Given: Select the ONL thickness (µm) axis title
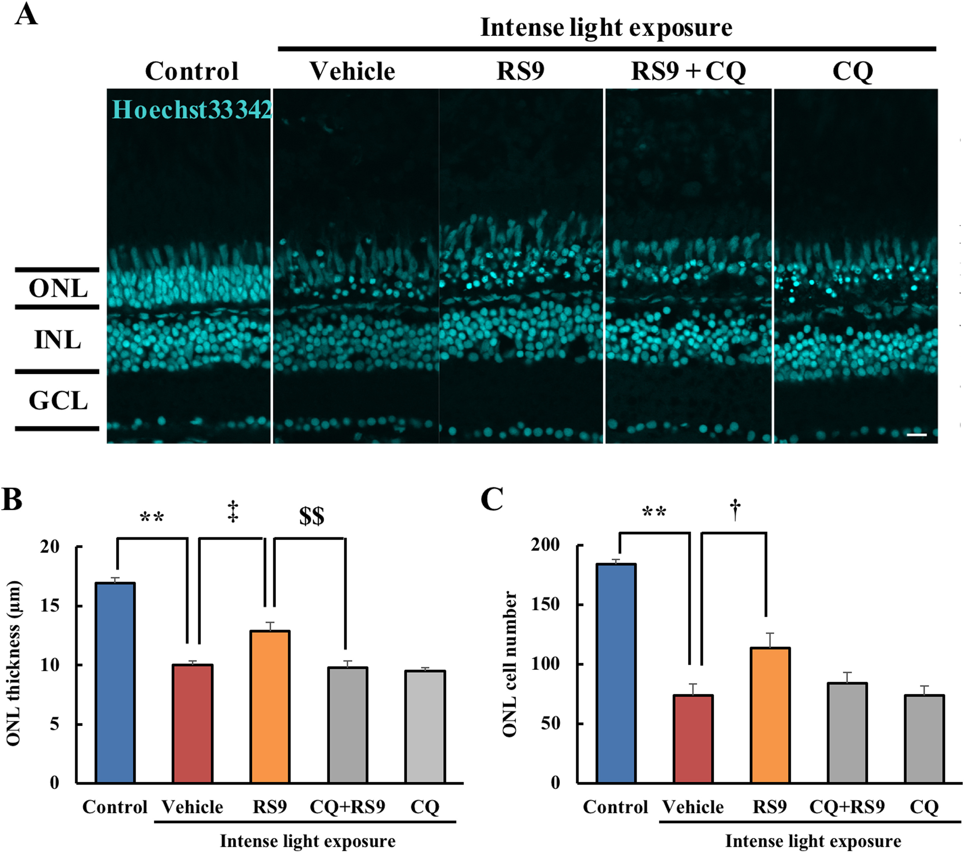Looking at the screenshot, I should click(x=14, y=663).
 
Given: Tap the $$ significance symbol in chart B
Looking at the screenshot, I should click(x=312, y=516).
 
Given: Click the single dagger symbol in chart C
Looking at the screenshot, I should click(x=735, y=511).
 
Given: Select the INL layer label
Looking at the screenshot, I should click(x=58, y=340).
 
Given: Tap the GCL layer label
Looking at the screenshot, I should click(x=58, y=401).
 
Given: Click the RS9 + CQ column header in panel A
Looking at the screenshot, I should click(x=688, y=72).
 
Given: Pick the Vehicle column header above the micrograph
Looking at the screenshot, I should click(x=352, y=72).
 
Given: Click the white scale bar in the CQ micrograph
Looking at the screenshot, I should click(x=916, y=434).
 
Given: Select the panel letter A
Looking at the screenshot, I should click(x=26, y=15).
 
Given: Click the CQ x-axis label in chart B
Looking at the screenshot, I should click(x=424, y=807).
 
